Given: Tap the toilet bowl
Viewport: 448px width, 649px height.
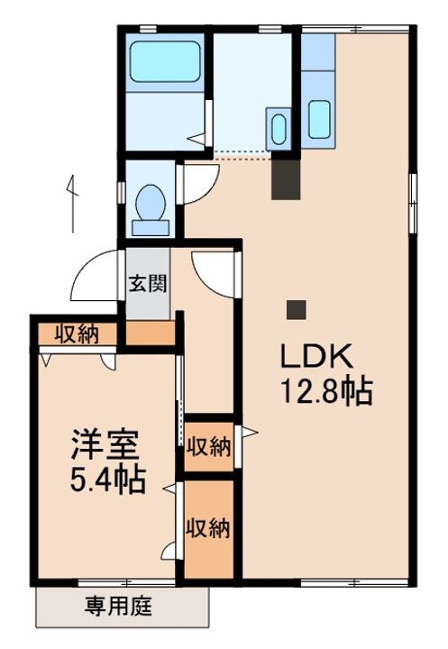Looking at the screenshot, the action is coord(151,203).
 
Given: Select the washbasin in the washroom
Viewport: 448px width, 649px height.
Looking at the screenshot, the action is coord(279,128).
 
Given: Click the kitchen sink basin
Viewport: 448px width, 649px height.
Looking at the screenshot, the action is coord(319,119).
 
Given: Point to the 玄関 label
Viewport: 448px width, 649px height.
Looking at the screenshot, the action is coord(148,284).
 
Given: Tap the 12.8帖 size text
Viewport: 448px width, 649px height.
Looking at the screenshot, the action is coord(327,391).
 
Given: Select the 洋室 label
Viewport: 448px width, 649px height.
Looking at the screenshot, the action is coord(105,444).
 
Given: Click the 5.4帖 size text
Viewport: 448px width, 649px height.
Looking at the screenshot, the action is coord(107,480).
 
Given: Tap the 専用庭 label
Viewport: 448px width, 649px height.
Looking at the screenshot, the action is coord(119,606).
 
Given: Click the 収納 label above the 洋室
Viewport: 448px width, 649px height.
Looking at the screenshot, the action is coord(78,334).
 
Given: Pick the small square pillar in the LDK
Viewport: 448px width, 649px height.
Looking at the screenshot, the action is coord(297,309).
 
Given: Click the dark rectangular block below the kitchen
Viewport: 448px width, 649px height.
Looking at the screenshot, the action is coord(285,179).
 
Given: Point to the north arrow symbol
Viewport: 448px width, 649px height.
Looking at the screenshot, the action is coord(71,204).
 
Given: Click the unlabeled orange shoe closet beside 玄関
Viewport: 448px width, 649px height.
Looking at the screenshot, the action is coord(151,334).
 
